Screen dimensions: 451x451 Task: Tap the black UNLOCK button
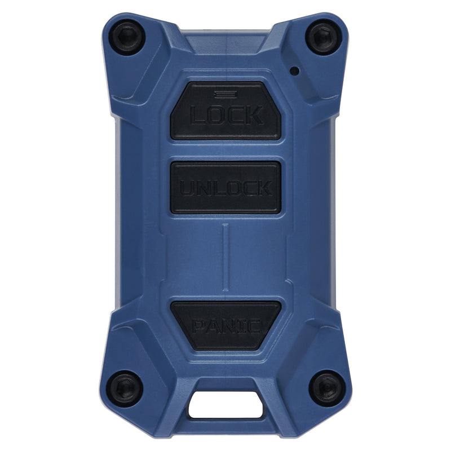pos(226,188)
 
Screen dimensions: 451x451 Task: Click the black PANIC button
pos(226,325)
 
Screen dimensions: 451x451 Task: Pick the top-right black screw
pos(324,37)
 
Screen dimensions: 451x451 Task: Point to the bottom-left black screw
pos(125,388)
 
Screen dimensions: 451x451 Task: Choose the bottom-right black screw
pos(327,388)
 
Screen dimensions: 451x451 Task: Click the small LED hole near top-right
pos(295,71)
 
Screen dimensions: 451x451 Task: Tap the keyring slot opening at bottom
pos(226,404)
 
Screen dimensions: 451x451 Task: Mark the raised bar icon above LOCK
pos(226,94)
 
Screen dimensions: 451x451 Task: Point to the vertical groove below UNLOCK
pos(226,257)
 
